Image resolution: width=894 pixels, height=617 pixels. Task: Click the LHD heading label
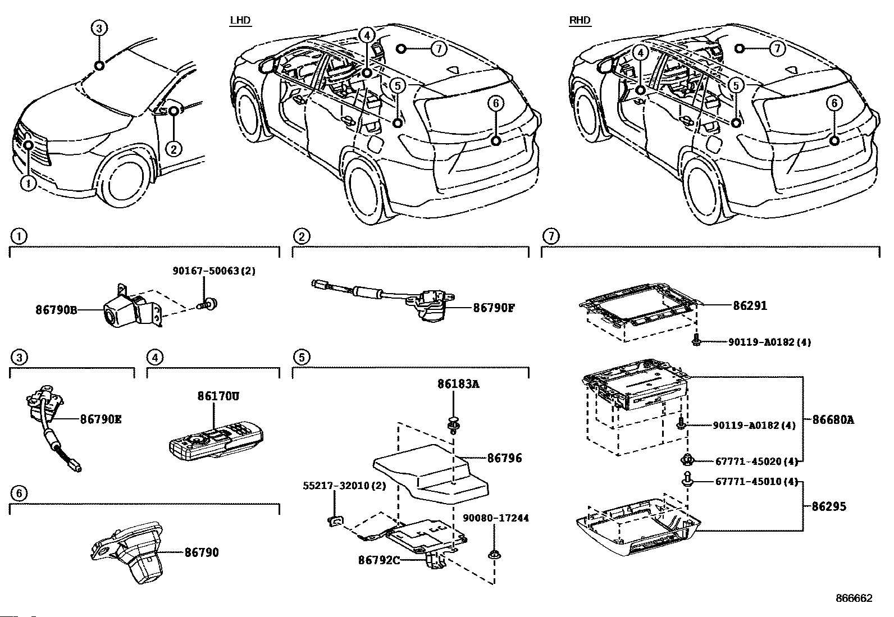click(x=240, y=21)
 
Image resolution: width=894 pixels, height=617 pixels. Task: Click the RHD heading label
click(x=580, y=21)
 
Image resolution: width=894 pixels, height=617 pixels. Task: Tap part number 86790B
click(x=56, y=309)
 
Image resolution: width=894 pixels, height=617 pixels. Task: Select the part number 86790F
click(x=494, y=308)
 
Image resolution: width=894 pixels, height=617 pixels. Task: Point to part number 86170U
click(x=218, y=396)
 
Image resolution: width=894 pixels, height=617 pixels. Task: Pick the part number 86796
click(x=504, y=458)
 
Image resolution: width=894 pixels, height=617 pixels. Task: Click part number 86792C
click(x=380, y=560)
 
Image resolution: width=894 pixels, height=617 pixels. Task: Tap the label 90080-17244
click(x=496, y=518)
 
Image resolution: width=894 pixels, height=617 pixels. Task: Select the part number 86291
click(x=750, y=306)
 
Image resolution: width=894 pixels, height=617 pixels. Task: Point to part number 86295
click(x=829, y=506)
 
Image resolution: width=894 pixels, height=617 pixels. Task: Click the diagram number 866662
click(x=854, y=598)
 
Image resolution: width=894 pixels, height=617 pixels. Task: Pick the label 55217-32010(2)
click(x=345, y=486)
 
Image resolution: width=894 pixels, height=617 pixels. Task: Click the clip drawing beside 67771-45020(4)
click(x=686, y=461)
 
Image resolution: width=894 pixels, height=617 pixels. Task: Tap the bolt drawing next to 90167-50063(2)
click(x=211, y=305)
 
